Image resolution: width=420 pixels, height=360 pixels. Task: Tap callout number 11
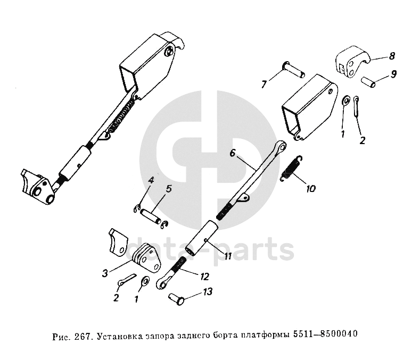[227, 257]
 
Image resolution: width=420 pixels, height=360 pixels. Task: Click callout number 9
[393, 73]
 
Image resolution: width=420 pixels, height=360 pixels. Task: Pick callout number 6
[233, 153]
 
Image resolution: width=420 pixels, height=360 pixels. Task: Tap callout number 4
[151, 180]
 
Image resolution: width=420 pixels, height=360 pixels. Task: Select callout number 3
[105, 273]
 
